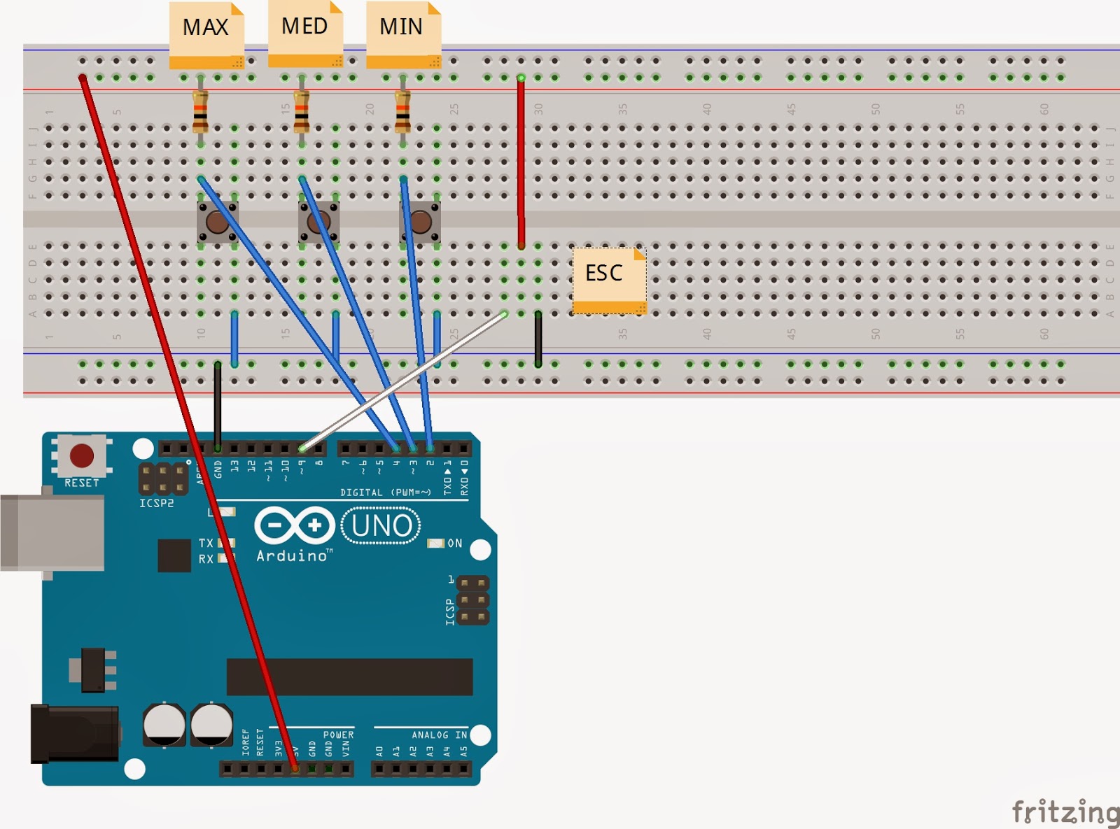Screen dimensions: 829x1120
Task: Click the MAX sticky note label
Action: tap(206, 28)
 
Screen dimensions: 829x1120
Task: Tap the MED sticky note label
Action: tap(304, 27)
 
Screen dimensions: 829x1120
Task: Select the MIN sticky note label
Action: tap(402, 27)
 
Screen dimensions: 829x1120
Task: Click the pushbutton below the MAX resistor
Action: tap(217, 223)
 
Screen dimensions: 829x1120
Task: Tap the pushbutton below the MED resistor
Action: tap(319, 223)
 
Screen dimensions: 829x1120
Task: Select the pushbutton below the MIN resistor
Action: tap(420, 223)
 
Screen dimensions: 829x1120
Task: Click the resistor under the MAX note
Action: tap(200, 113)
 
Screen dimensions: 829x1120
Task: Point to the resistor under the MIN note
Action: tap(402, 113)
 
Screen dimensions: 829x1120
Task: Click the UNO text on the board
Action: tap(381, 526)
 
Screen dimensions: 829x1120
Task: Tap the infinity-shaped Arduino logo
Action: tap(294, 525)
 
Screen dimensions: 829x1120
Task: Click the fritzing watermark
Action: tap(1065, 812)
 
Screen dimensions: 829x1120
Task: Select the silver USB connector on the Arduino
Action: tap(52, 532)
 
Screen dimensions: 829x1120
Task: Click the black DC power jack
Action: tap(73, 734)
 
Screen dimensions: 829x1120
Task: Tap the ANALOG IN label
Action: tap(439, 735)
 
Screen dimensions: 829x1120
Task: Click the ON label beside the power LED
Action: tap(455, 544)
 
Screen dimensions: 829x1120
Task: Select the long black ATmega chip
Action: tap(349, 676)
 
